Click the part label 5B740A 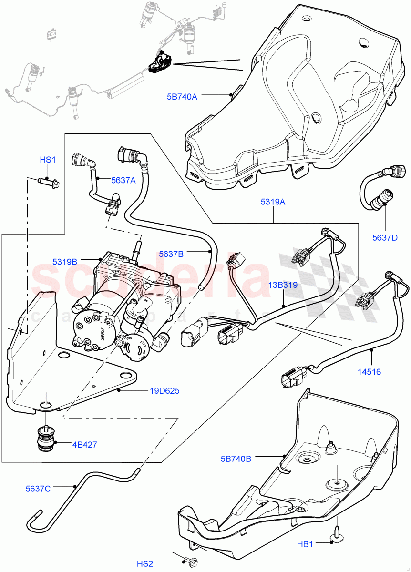(x=182, y=96)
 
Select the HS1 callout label (x=47, y=160)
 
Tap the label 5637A (x=123, y=180)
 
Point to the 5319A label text (x=273, y=202)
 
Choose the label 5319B (x=65, y=262)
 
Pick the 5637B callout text (x=171, y=254)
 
